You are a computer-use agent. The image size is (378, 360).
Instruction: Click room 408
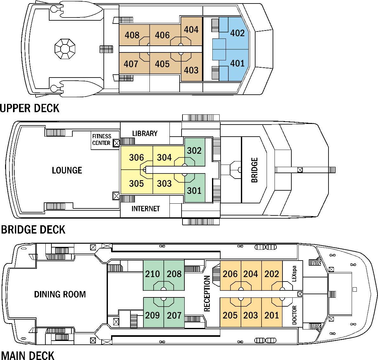coord(132,35)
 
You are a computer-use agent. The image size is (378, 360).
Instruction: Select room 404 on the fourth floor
coord(191,30)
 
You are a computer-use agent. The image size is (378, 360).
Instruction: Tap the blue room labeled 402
coord(237,33)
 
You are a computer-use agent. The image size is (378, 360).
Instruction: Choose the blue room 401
coord(237,64)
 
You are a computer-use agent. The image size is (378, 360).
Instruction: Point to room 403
coord(191,70)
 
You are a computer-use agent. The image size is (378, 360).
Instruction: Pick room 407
coord(131,64)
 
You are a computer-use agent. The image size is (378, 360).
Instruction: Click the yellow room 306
coord(136,157)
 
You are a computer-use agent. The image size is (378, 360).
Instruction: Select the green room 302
coord(195,150)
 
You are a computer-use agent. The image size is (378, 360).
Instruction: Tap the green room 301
coord(195,191)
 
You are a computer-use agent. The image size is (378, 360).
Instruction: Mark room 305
coord(136,183)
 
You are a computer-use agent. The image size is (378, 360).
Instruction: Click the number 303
coord(164,183)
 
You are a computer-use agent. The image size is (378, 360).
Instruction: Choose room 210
coord(153,274)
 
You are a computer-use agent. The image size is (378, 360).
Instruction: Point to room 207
coord(174,315)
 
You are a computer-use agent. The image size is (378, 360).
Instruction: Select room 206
coord(230,274)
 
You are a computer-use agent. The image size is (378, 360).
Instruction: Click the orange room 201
coord(272,315)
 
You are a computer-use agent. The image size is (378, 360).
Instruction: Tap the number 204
coord(251,274)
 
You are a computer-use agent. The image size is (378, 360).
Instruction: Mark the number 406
coord(162,35)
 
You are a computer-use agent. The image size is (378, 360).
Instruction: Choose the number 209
coord(153,315)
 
